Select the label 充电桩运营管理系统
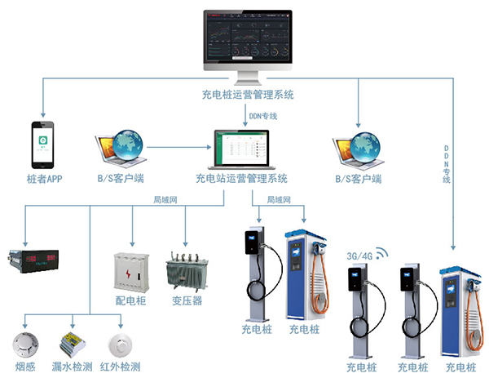245,96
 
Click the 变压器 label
187,300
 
